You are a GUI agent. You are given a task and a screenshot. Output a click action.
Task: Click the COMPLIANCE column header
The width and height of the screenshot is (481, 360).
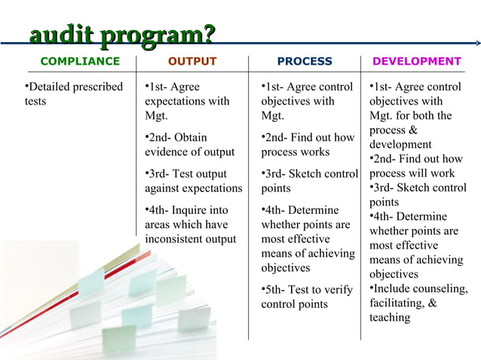point(80,61)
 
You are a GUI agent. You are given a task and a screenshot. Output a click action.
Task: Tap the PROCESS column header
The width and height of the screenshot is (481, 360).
point(305,61)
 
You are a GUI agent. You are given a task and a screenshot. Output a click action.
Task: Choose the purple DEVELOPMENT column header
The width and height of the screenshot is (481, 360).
point(416,61)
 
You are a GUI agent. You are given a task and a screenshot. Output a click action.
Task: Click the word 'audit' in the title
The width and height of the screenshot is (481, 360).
point(60,35)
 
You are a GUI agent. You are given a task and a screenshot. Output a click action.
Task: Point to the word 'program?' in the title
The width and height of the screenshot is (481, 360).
point(158,35)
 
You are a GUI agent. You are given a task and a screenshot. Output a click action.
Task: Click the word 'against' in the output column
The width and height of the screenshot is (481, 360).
point(164,188)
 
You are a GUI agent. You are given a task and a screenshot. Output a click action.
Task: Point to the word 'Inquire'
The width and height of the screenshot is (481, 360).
point(189,210)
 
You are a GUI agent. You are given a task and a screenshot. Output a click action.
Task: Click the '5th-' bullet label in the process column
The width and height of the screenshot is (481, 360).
point(275,290)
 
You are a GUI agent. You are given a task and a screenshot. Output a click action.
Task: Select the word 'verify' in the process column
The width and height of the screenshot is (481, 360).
point(338,290)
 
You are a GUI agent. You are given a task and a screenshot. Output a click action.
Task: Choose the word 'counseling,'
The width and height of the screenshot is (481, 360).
point(441,289)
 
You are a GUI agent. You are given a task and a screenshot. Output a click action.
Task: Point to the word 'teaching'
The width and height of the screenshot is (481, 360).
point(390,318)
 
